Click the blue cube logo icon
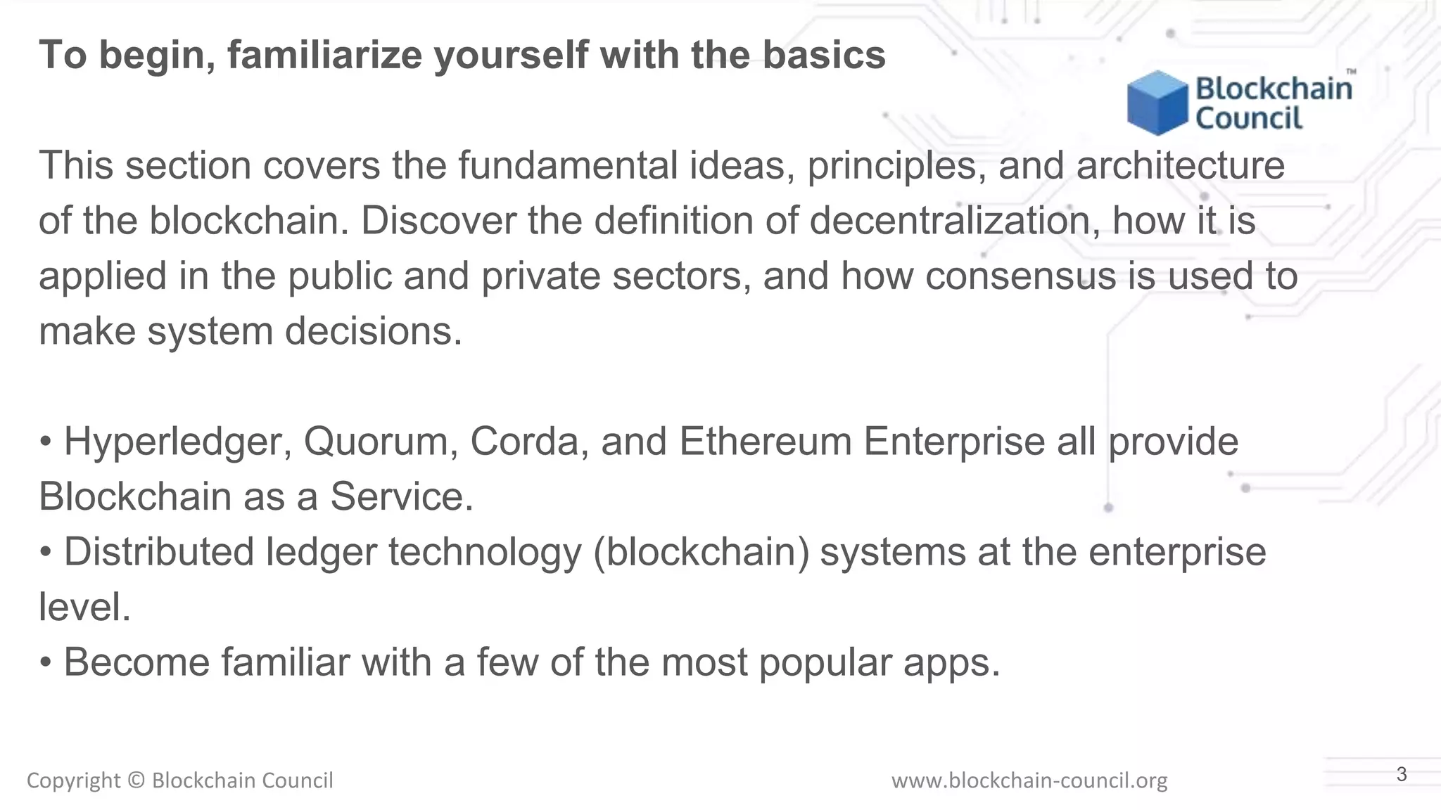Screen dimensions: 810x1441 pos(1157,103)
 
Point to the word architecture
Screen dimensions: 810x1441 pos(1180,166)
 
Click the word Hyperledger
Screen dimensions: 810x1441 pos(177,442)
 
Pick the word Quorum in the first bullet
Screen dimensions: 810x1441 pos(381,442)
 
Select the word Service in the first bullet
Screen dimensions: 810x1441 pos(401,497)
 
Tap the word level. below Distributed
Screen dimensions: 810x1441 pos(84,607)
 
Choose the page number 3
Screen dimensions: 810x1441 pos(1401,775)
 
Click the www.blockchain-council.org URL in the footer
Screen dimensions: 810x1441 pos(1029,780)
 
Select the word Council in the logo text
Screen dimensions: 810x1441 pos(1249,118)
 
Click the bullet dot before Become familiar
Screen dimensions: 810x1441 pos(46,663)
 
